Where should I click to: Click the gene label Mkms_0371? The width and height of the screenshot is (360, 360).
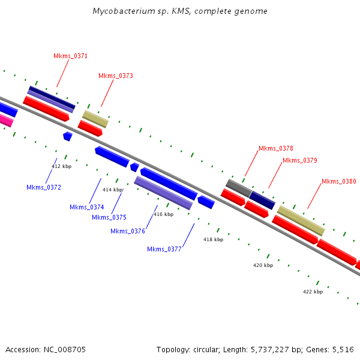(71, 56)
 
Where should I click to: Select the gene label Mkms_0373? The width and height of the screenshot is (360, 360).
(116, 76)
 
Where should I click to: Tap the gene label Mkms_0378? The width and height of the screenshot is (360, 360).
(276, 148)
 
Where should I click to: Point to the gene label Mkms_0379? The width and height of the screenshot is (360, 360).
(300, 160)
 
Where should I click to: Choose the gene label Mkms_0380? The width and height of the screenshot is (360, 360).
(339, 181)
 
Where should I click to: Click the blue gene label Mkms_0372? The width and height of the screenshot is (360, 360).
(44, 187)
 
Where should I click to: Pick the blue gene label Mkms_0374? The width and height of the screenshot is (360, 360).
(87, 207)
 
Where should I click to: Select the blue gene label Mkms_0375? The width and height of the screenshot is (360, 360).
(109, 217)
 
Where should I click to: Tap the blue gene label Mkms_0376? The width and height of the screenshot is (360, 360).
(128, 231)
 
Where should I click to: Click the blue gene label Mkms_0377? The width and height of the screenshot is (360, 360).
(164, 249)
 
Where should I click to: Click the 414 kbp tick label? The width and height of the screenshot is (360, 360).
(112, 190)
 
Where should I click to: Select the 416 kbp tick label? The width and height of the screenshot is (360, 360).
(163, 214)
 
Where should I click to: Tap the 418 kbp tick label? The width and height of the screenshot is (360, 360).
(213, 239)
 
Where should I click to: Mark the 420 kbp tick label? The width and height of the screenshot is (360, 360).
(263, 265)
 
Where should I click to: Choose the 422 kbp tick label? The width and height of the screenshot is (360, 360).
(313, 292)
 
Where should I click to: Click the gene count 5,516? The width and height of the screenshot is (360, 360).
(343, 349)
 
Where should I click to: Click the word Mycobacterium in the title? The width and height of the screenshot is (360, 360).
(123, 11)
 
